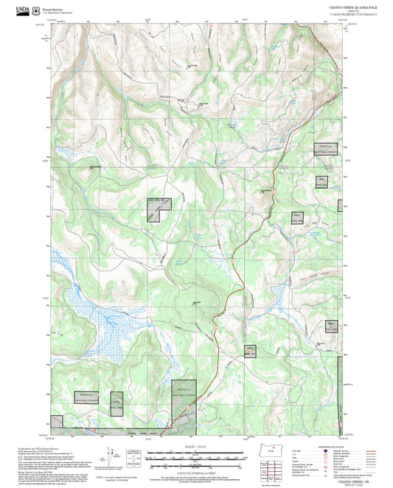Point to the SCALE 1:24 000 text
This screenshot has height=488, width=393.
[196, 447]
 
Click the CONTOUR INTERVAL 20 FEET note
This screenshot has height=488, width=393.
[196, 471]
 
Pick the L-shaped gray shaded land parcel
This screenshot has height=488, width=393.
[156, 208]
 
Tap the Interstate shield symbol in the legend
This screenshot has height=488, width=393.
[324, 450]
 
